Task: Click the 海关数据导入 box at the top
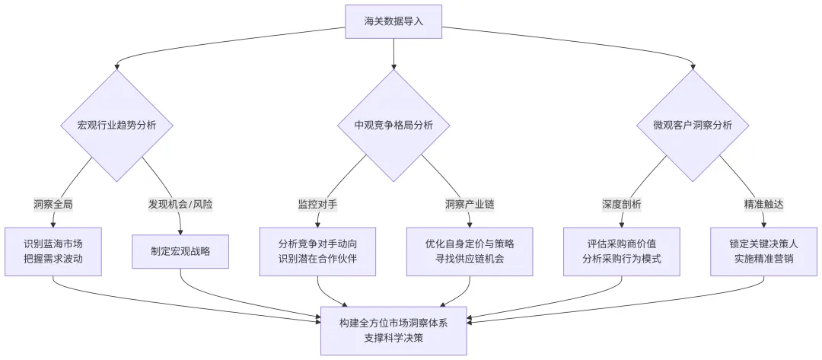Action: pos(393,21)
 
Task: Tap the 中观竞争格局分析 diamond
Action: pos(393,126)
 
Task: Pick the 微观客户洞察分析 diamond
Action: pos(693,126)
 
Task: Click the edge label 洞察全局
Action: pos(53,204)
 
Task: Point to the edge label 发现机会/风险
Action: pos(180,204)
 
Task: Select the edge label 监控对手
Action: pos(317,204)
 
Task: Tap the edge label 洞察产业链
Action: pos(470,204)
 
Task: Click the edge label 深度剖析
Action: pos(622,204)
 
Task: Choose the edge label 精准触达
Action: pos(763,204)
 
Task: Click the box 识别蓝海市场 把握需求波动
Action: pos(53,251)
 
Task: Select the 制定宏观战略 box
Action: pos(180,251)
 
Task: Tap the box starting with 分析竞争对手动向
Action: pos(317,251)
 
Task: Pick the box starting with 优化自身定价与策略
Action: pos(470,251)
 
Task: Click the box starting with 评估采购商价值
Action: pos(622,251)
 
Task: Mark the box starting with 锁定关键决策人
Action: pos(763,251)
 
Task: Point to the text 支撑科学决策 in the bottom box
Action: pos(393,338)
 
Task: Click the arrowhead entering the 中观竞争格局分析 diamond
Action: pos(393,67)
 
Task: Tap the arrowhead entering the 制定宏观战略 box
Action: pos(180,231)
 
